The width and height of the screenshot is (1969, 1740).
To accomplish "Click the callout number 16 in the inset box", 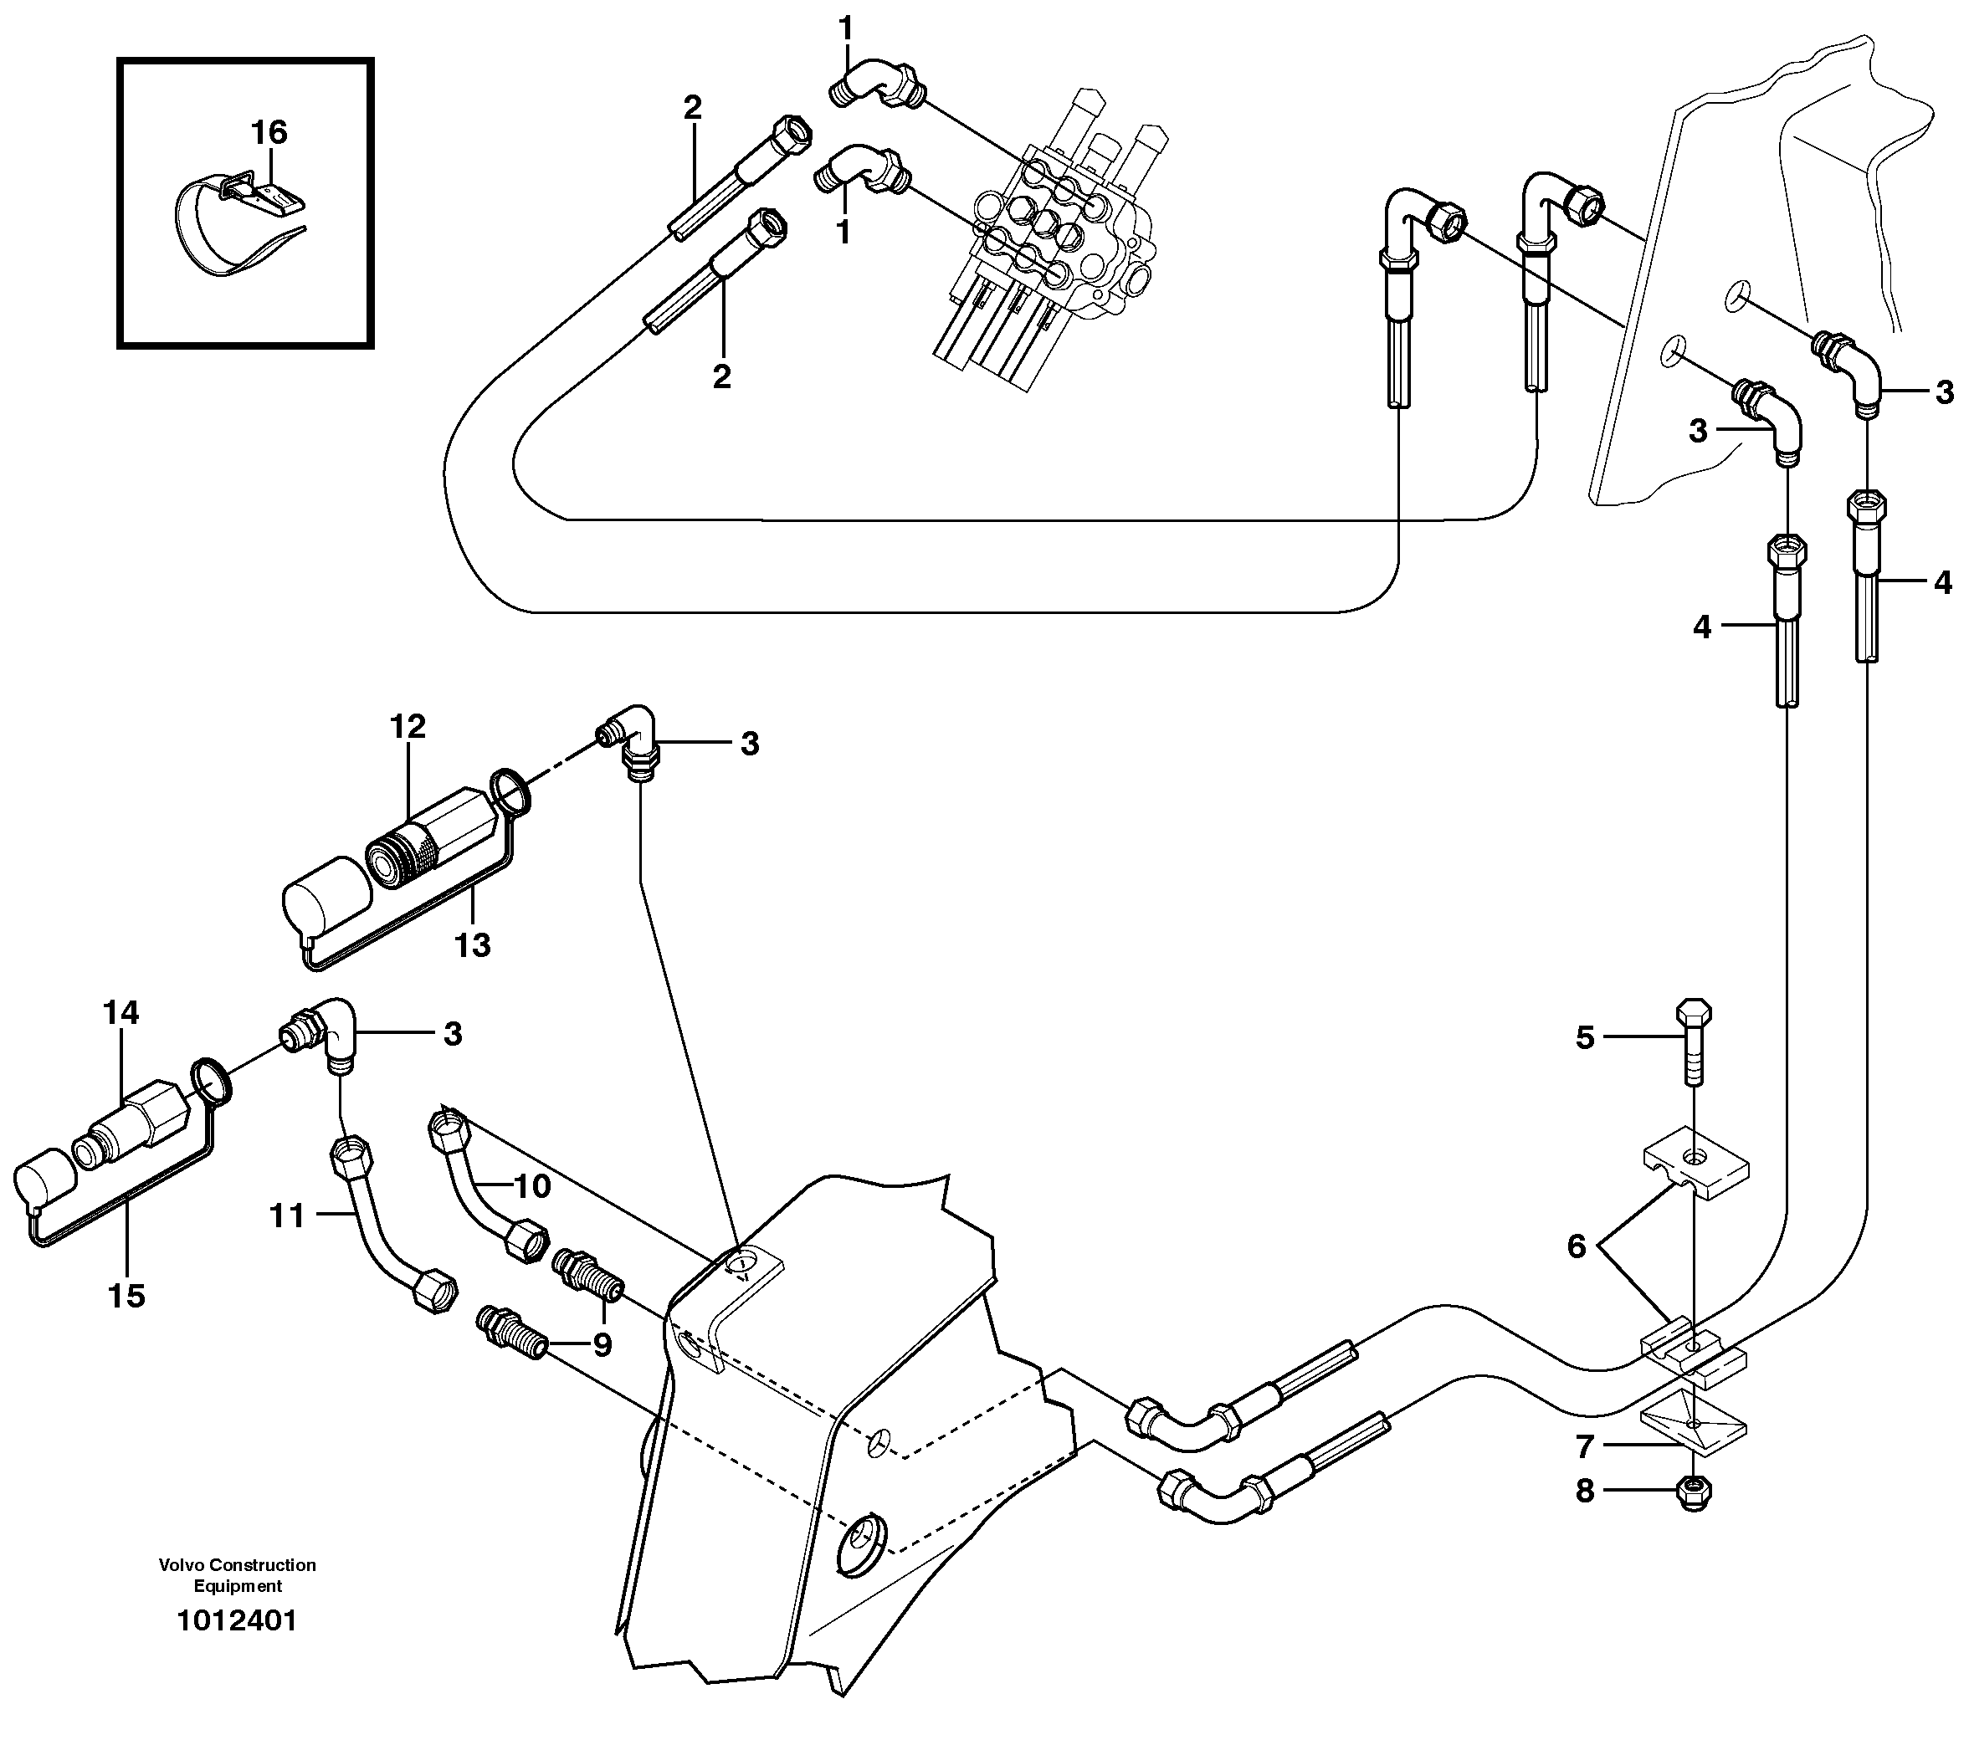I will (x=269, y=132).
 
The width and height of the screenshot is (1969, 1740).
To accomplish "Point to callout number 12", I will (x=408, y=726).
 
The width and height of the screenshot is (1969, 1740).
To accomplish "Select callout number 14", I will (x=121, y=1012).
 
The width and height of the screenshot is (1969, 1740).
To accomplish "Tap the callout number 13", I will (x=472, y=945).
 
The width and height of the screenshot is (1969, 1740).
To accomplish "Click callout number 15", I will (x=126, y=1296).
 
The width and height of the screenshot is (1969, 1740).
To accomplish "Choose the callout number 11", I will (x=287, y=1216).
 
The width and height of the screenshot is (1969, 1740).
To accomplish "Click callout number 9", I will (x=602, y=1343).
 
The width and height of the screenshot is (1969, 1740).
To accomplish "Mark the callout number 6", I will (x=1576, y=1247).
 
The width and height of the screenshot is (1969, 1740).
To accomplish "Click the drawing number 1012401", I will (x=237, y=1620).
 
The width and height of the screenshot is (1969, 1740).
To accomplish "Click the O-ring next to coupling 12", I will (x=510, y=791).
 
